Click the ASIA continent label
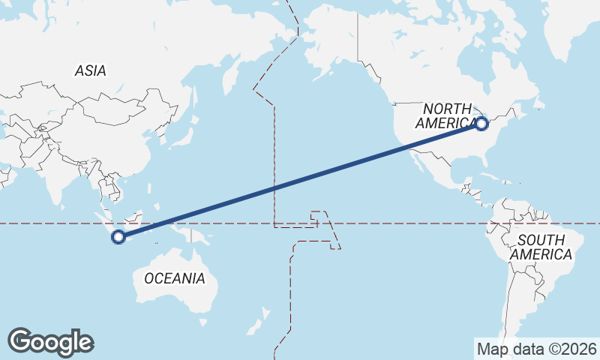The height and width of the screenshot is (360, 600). click(x=90, y=71)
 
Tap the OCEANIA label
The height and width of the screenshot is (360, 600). click(x=174, y=278)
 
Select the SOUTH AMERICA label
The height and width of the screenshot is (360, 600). click(x=541, y=247)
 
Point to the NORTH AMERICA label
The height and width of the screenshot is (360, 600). click(x=445, y=116)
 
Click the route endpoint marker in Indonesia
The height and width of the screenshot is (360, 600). click(x=118, y=237)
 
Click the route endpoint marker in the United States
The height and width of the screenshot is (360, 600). click(x=481, y=124)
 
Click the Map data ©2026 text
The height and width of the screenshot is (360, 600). click(x=536, y=349)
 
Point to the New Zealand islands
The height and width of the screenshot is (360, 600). click(x=259, y=327)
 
